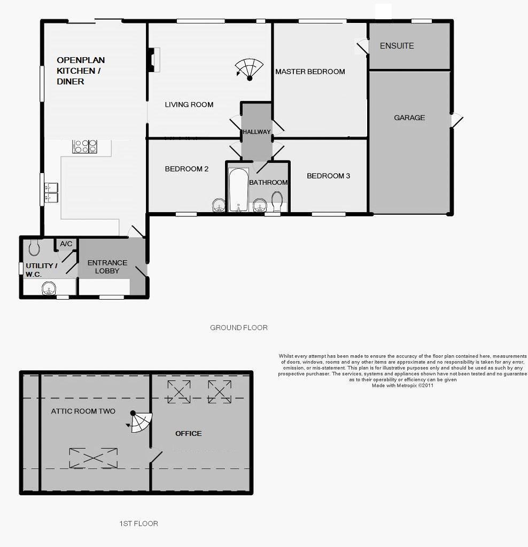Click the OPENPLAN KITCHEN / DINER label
tap(81, 71)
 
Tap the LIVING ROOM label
tap(189, 105)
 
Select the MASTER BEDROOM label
tap(310, 72)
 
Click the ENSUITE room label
tap(397, 46)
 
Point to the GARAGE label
tap(409, 118)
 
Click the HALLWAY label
tap(257, 132)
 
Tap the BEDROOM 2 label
tap(187, 169)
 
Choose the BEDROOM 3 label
tap(328, 176)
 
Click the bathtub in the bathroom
tap(238, 190)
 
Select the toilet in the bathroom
tap(277, 201)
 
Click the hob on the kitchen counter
tap(85, 146)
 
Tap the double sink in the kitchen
tap(51, 192)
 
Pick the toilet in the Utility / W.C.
tap(34, 247)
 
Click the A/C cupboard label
tap(66, 244)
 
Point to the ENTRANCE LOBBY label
tap(107, 267)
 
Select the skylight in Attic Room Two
tap(94, 458)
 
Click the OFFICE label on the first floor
tap(189, 433)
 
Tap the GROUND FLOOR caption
tap(239, 327)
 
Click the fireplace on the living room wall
tap(153, 60)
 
